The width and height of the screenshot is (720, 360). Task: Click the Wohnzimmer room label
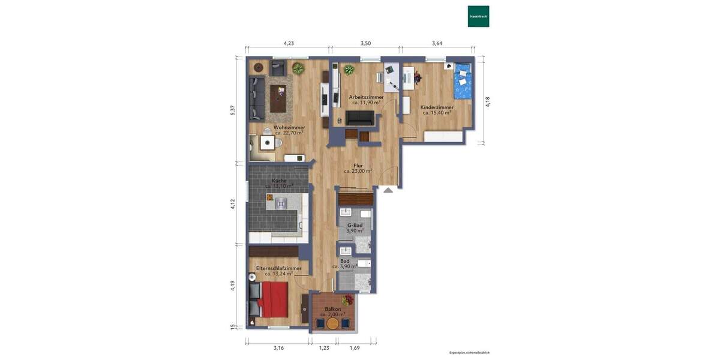click(x=289, y=127)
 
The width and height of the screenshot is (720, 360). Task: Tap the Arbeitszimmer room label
click(x=366, y=97)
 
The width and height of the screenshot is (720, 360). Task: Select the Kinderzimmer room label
click(x=437, y=107)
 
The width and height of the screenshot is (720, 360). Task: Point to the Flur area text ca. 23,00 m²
click(x=358, y=171)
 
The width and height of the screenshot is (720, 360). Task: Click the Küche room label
click(x=279, y=181)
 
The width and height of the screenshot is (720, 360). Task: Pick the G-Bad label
click(x=355, y=225)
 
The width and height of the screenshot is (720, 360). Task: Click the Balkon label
click(x=332, y=309)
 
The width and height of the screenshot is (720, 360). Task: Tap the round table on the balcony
click(x=332, y=323)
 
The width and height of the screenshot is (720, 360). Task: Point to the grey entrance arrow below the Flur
click(x=388, y=190)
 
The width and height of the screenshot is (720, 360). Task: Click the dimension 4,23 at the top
click(x=289, y=43)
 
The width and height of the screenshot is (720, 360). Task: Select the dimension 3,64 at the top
click(x=437, y=43)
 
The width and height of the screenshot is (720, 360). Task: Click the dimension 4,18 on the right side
click(x=488, y=101)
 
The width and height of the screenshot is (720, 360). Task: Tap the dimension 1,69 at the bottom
click(x=355, y=348)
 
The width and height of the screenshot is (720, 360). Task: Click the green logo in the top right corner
click(x=478, y=16)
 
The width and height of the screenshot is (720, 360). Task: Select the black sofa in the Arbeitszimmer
click(x=359, y=117)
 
